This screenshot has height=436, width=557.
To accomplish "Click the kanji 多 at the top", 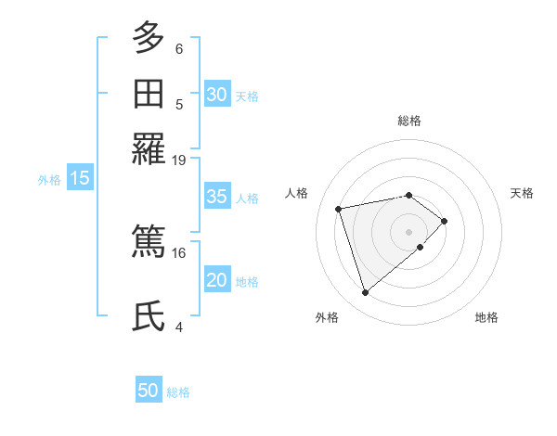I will [x=149, y=38].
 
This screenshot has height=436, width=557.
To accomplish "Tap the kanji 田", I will [x=149, y=94].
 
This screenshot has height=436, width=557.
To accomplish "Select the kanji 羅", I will [x=149, y=149].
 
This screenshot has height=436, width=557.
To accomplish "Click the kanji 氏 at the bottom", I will [x=149, y=316].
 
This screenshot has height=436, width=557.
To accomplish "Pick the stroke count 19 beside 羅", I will [x=179, y=160].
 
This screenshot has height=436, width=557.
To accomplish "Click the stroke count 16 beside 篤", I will [x=179, y=252].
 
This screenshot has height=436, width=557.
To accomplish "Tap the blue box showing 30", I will [x=216, y=95].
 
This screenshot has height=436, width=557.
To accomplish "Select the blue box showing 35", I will [x=216, y=197].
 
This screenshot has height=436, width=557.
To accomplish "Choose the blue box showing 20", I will [x=216, y=280].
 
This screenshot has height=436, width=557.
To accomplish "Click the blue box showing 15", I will [x=80, y=179].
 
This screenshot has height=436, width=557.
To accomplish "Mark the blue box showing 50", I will [x=148, y=391].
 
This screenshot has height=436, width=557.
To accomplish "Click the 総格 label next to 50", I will [x=178, y=392].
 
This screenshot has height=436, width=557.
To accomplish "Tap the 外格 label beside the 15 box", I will [x=49, y=180].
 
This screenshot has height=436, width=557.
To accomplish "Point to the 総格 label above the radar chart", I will [x=409, y=121].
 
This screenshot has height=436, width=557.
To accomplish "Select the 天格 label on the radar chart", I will [x=523, y=193].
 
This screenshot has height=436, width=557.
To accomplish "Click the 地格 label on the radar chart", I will [x=486, y=317].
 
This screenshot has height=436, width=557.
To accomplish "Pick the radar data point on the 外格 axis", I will [x=365, y=292].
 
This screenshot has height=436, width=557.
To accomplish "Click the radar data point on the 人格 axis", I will [x=339, y=208].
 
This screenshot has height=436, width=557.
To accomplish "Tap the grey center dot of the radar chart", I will [x=409, y=230].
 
